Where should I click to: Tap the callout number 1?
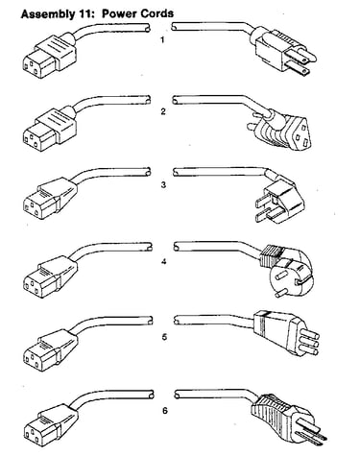click(162, 40)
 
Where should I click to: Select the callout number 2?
click(163, 111)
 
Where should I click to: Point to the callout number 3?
click(163, 185)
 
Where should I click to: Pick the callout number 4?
click(164, 261)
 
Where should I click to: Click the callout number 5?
click(164, 337)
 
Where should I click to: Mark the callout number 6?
click(165, 410)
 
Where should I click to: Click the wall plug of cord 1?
click(284, 52)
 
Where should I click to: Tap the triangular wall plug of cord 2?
click(281, 129)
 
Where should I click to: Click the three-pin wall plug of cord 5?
click(286, 333)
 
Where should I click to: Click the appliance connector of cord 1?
click(50, 55)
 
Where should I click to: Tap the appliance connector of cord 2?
click(50, 128)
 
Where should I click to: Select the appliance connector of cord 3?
click(50, 199)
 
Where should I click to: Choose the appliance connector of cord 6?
click(51, 423)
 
